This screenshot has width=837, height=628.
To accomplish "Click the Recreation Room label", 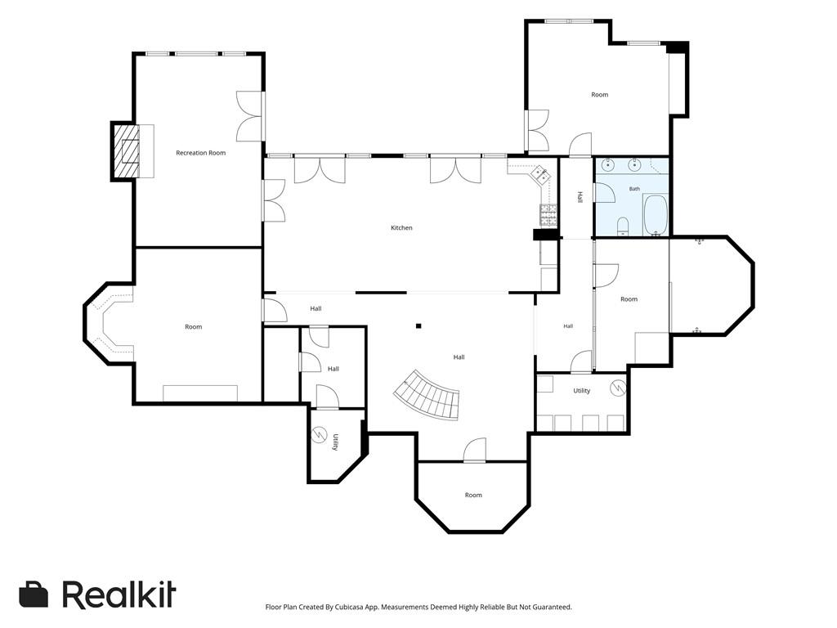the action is click(x=201, y=153).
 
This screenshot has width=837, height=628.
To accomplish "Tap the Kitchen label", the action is click(x=401, y=227).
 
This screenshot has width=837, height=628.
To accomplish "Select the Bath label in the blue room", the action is click(x=634, y=189).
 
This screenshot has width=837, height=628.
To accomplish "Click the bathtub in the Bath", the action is click(x=655, y=215).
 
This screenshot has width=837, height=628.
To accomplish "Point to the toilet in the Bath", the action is click(x=623, y=227).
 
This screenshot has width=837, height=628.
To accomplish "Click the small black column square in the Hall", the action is click(x=419, y=325).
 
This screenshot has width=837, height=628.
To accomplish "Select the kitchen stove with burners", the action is click(x=548, y=216).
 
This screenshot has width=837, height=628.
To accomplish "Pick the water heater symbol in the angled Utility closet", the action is click(x=320, y=433).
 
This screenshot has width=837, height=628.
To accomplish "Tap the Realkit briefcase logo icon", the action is click(x=34, y=594).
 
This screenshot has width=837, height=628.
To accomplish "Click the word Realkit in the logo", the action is click(x=119, y=594).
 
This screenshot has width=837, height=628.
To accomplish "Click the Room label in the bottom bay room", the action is click(x=473, y=495).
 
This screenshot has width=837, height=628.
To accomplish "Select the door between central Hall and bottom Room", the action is click(x=475, y=451).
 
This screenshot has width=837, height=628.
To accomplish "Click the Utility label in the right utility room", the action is click(x=582, y=391).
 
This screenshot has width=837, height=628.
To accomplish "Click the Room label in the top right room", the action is click(x=599, y=95).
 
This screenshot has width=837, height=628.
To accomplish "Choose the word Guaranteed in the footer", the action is click(x=554, y=608).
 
